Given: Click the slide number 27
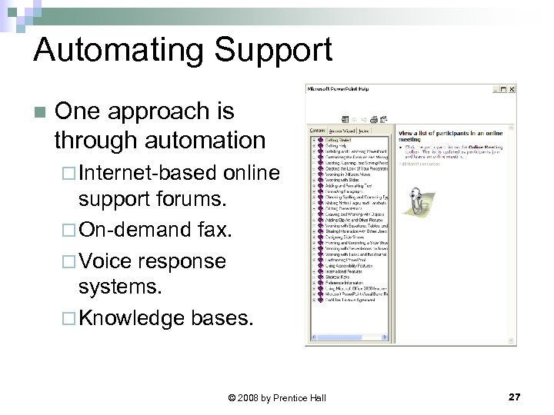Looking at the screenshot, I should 514,397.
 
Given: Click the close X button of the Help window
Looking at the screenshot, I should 512,88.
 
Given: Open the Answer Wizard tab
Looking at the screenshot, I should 342,131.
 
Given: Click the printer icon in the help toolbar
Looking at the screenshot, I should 374,118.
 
